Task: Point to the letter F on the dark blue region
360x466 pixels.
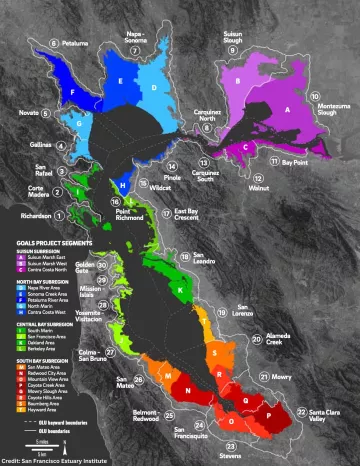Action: (x=71, y=91)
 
